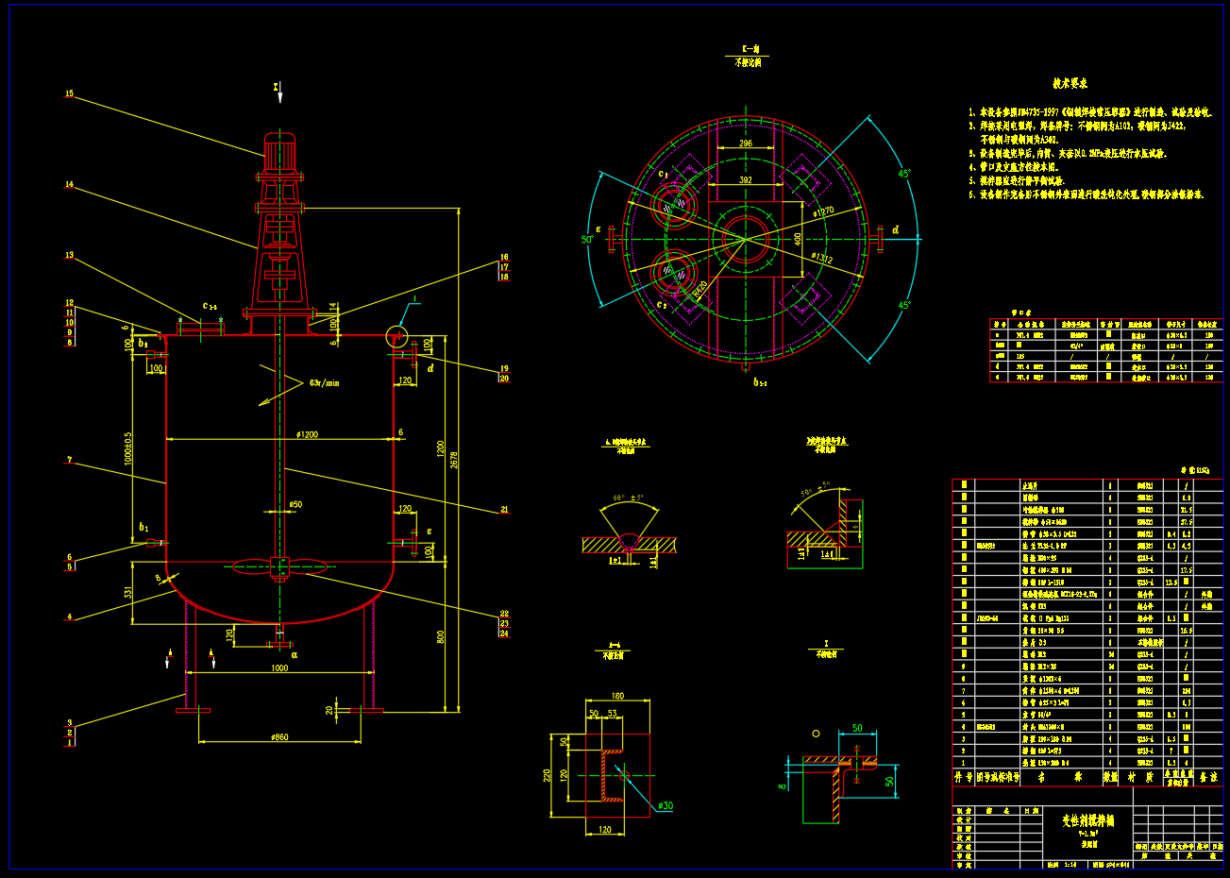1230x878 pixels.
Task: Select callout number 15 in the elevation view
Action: (69, 93)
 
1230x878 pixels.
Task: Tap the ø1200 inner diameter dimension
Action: (307, 434)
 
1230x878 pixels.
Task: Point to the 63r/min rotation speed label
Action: (325, 383)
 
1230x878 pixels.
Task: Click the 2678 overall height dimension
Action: (454, 460)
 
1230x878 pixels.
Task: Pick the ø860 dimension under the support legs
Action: (279, 736)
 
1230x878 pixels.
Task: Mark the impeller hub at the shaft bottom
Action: (279, 566)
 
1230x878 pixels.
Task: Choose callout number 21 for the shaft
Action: (504, 510)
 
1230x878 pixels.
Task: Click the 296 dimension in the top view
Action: (745, 144)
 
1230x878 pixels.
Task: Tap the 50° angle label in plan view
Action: (587, 240)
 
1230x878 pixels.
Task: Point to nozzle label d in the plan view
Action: (895, 230)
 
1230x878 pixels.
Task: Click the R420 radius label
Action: (699, 289)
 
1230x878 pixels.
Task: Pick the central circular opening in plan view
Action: (745, 237)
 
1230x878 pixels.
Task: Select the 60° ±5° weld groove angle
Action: (628, 498)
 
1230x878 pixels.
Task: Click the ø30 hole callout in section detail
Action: (666, 805)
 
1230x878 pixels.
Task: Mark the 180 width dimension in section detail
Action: (617, 697)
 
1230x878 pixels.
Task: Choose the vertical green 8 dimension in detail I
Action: (783, 784)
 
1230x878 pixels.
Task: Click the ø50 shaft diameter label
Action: (295, 505)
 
